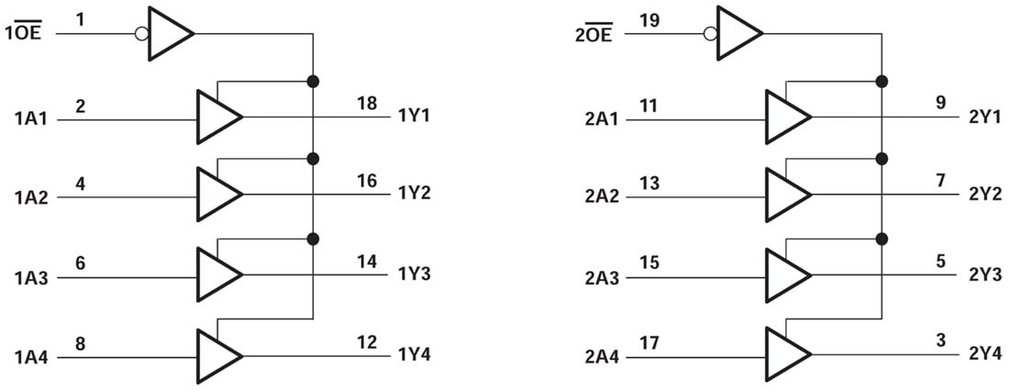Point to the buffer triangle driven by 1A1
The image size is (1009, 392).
point(216,117)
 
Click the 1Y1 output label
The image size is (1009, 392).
point(416,117)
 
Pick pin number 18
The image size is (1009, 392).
point(367,103)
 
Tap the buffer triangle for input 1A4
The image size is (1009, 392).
point(216,355)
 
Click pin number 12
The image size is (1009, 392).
point(367,342)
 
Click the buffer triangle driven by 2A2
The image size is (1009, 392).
point(785,194)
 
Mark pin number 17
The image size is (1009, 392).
point(649,342)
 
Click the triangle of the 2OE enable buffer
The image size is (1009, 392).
point(737,33)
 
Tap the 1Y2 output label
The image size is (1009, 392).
point(416,194)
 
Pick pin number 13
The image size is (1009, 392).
point(649,182)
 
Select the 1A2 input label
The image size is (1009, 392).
point(32,196)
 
